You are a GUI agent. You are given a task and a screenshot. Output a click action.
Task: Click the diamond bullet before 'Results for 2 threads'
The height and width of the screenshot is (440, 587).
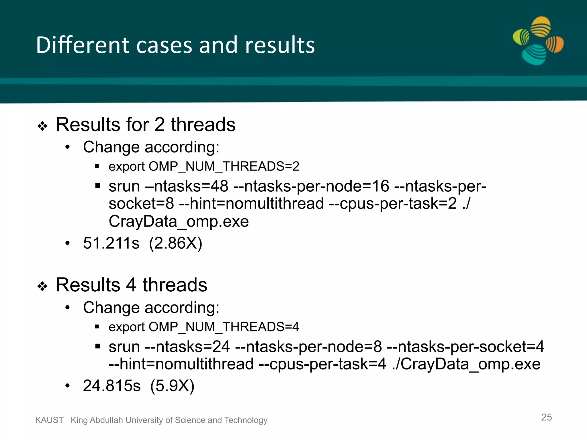coord(42,126)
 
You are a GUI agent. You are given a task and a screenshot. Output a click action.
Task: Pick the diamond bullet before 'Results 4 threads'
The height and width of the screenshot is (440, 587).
coord(42,286)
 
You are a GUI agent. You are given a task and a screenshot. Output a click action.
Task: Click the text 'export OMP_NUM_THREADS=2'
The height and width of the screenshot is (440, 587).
coord(204,166)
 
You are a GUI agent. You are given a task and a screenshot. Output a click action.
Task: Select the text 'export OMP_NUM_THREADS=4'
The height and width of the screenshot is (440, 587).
coord(204,327)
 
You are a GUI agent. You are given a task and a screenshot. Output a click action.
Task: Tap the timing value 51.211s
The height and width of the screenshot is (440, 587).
coord(111,243)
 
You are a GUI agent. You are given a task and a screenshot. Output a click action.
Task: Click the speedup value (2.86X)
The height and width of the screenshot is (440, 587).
coord(176,243)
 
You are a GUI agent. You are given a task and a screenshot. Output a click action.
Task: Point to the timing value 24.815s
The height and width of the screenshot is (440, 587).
coord(112,386)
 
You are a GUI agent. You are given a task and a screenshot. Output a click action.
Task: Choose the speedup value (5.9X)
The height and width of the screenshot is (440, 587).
coord(172,386)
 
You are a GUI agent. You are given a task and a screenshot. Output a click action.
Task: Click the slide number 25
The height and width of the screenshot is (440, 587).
coord(546,417)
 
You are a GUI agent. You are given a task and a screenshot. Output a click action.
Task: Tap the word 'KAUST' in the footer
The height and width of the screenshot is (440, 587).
coord(49,420)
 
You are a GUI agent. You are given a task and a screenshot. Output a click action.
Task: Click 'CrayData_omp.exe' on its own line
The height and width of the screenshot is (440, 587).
coord(179,221)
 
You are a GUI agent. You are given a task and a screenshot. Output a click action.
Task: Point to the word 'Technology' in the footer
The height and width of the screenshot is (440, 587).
coord(246,420)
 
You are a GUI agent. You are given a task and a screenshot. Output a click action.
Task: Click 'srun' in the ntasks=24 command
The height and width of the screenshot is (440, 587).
coord(124,347)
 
